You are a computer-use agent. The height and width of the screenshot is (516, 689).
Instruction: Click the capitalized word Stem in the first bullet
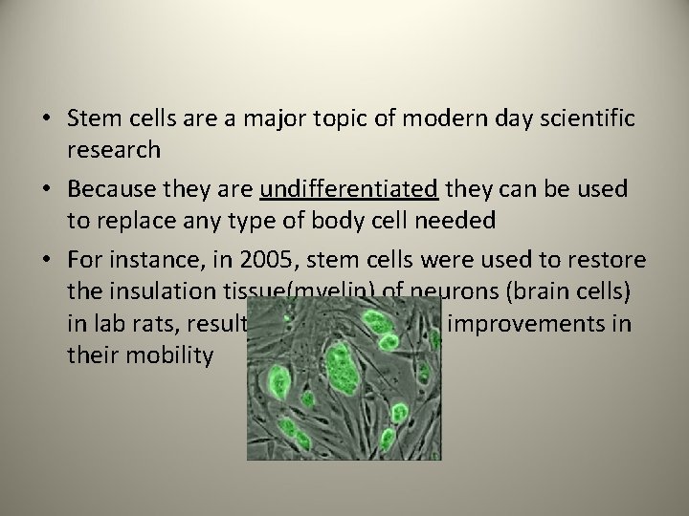pyautogui.click(x=90, y=118)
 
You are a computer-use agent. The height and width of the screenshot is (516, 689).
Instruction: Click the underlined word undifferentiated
pyautogui.click(x=348, y=189)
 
